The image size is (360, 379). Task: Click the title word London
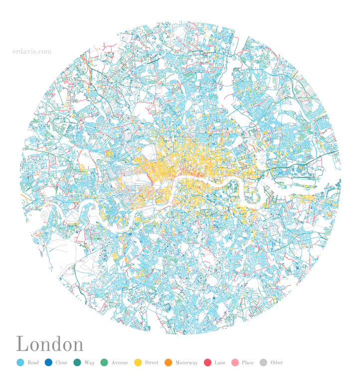point(50,344)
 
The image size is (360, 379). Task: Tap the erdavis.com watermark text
point(32,51)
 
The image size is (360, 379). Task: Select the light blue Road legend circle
point(20,363)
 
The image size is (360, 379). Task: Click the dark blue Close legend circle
point(48,363)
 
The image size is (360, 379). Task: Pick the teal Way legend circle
point(77,363)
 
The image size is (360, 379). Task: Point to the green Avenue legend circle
point(104,363)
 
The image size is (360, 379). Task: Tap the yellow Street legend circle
point(138,363)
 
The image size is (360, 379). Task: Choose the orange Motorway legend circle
point(168,363)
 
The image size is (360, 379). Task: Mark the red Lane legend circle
point(208,363)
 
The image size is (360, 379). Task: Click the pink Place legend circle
point(235,363)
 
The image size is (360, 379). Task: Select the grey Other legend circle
point(263,363)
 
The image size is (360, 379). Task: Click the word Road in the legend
point(33,363)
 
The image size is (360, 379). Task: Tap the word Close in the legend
point(61,363)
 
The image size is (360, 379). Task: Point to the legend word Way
point(89,363)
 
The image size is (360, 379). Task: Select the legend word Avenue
point(120,363)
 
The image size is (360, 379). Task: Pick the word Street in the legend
point(152,363)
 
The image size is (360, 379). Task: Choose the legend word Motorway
point(186,363)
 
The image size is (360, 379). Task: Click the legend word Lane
point(220,363)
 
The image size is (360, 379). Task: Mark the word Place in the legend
point(248,363)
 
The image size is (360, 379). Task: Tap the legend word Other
point(277,363)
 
